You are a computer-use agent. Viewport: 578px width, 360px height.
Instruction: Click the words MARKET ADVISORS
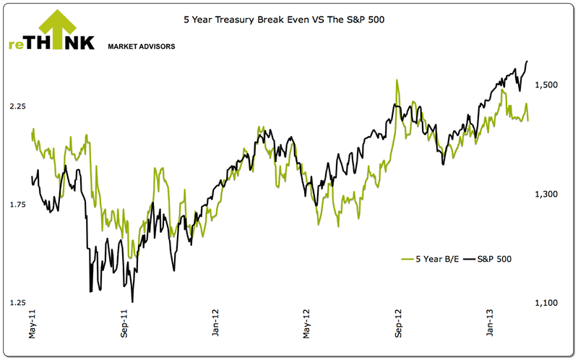tap(141, 46)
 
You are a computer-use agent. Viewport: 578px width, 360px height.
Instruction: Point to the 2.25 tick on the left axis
tap(17, 106)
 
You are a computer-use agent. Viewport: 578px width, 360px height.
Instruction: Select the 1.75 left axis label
tap(17, 205)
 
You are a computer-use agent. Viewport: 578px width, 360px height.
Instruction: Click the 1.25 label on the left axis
tap(17, 303)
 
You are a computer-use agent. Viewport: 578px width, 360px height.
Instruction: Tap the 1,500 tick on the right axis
tap(545, 85)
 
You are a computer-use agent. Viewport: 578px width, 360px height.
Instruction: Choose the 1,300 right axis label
tap(545, 194)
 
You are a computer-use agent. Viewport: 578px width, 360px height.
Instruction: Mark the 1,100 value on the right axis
tap(545, 303)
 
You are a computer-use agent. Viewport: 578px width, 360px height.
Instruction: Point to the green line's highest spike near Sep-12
tap(397, 80)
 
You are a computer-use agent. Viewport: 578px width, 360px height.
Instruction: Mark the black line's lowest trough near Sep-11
tap(132, 301)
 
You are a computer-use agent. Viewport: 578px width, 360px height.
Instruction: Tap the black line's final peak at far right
tap(527, 61)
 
